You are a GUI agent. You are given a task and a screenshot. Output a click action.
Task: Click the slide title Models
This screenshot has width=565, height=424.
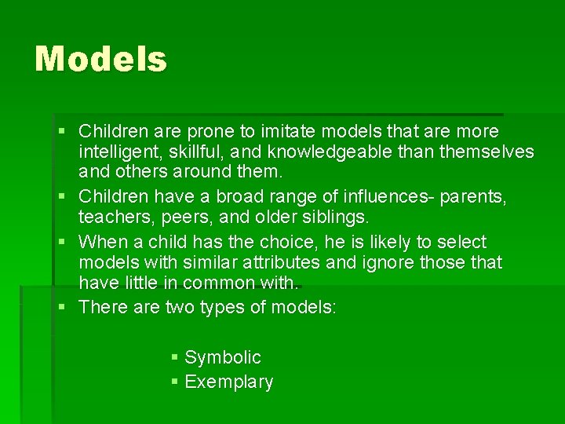coord(100,59)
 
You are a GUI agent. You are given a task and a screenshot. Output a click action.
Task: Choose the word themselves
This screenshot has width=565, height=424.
coord(487,151)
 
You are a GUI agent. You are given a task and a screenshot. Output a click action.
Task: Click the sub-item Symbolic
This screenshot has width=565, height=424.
coord(222,357)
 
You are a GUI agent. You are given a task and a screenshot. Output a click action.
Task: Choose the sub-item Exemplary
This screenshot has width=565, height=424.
coord(228,382)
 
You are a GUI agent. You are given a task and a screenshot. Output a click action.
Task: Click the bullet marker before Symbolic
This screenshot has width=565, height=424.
coord(175,357)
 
